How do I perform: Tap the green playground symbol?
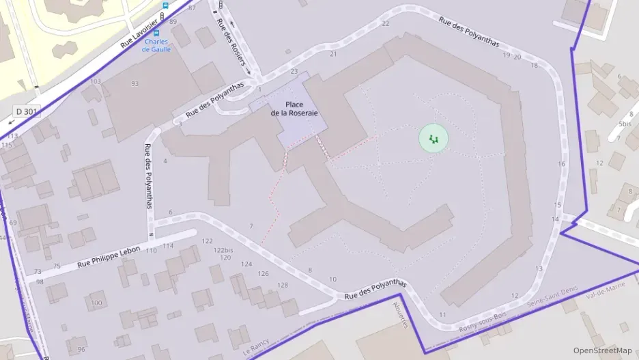coord(433,139)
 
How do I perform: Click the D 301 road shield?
coord(28,111)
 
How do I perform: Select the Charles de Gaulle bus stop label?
coord(156,44)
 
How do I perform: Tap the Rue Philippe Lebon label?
coord(109,256)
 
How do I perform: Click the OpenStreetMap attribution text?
coord(602,350)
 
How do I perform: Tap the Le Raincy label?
coord(255,347)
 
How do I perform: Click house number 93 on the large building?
coord(134,83)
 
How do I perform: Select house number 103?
coord(96,81)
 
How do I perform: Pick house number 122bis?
coord(222,250)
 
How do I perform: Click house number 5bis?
coord(625,124)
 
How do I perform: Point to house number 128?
coord(282,285)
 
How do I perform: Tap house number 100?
coord(96,303)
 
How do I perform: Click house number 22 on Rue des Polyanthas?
coord(386,23)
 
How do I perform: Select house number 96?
coord(81,349)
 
